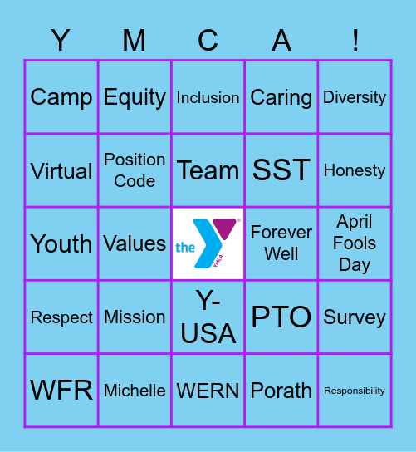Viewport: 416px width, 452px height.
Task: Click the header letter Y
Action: tap(61, 40)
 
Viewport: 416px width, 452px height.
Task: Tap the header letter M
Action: tap(135, 40)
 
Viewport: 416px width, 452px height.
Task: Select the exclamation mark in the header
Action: tap(355, 40)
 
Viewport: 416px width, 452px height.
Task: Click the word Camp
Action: tap(61, 97)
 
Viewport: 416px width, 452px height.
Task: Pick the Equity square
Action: tap(135, 97)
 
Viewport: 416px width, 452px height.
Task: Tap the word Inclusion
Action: tap(208, 97)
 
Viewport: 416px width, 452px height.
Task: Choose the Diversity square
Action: tap(355, 97)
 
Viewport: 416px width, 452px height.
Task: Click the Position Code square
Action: tap(135, 170)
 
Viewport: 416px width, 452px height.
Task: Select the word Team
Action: tap(208, 170)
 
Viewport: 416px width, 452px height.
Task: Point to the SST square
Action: tap(281, 170)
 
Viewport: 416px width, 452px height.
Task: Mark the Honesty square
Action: tap(355, 170)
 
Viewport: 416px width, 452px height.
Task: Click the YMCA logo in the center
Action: tap(208, 243)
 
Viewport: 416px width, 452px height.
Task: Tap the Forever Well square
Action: tap(281, 243)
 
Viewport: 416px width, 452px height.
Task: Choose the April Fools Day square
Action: tap(355, 243)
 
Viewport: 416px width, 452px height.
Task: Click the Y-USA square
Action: tap(208, 317)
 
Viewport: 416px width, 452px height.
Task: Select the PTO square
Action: tap(281, 317)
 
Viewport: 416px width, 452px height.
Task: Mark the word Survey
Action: tap(355, 317)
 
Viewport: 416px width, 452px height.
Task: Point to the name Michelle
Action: tap(135, 390)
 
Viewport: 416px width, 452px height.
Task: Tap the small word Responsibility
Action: tap(355, 391)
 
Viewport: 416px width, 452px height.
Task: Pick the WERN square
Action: tap(208, 390)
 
